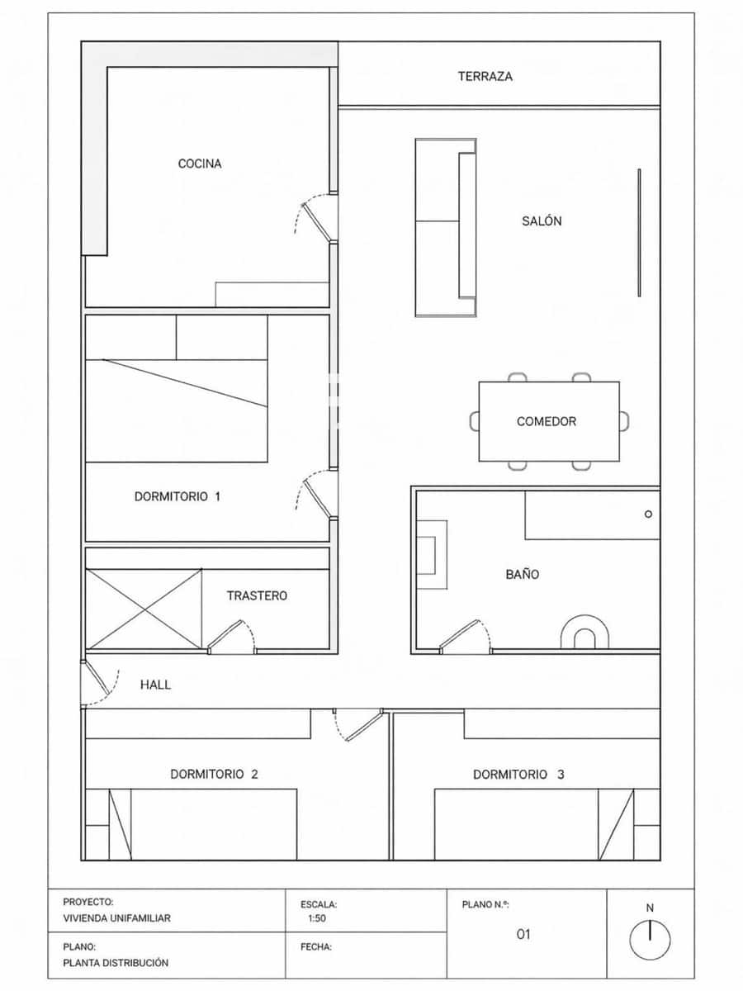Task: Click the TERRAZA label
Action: tap(485, 76)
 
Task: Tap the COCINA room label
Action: tap(200, 164)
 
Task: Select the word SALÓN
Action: tap(542, 220)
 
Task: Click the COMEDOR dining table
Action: tap(549, 421)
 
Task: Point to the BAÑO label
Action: tap(523, 574)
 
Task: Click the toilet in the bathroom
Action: tap(585, 633)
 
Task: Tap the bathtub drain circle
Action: tap(648, 514)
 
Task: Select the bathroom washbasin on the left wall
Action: tap(431, 554)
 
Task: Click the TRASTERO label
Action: tap(258, 595)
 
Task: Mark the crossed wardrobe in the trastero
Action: tap(144, 609)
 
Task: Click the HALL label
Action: tap(155, 685)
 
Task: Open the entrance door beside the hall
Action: tap(97, 682)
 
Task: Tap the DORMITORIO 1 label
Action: tap(177, 497)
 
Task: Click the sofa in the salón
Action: tap(446, 227)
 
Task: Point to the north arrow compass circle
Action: tap(650, 940)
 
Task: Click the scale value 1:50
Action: tap(317, 918)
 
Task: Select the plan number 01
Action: tap(523, 935)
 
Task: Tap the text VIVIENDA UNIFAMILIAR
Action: tap(117, 918)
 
